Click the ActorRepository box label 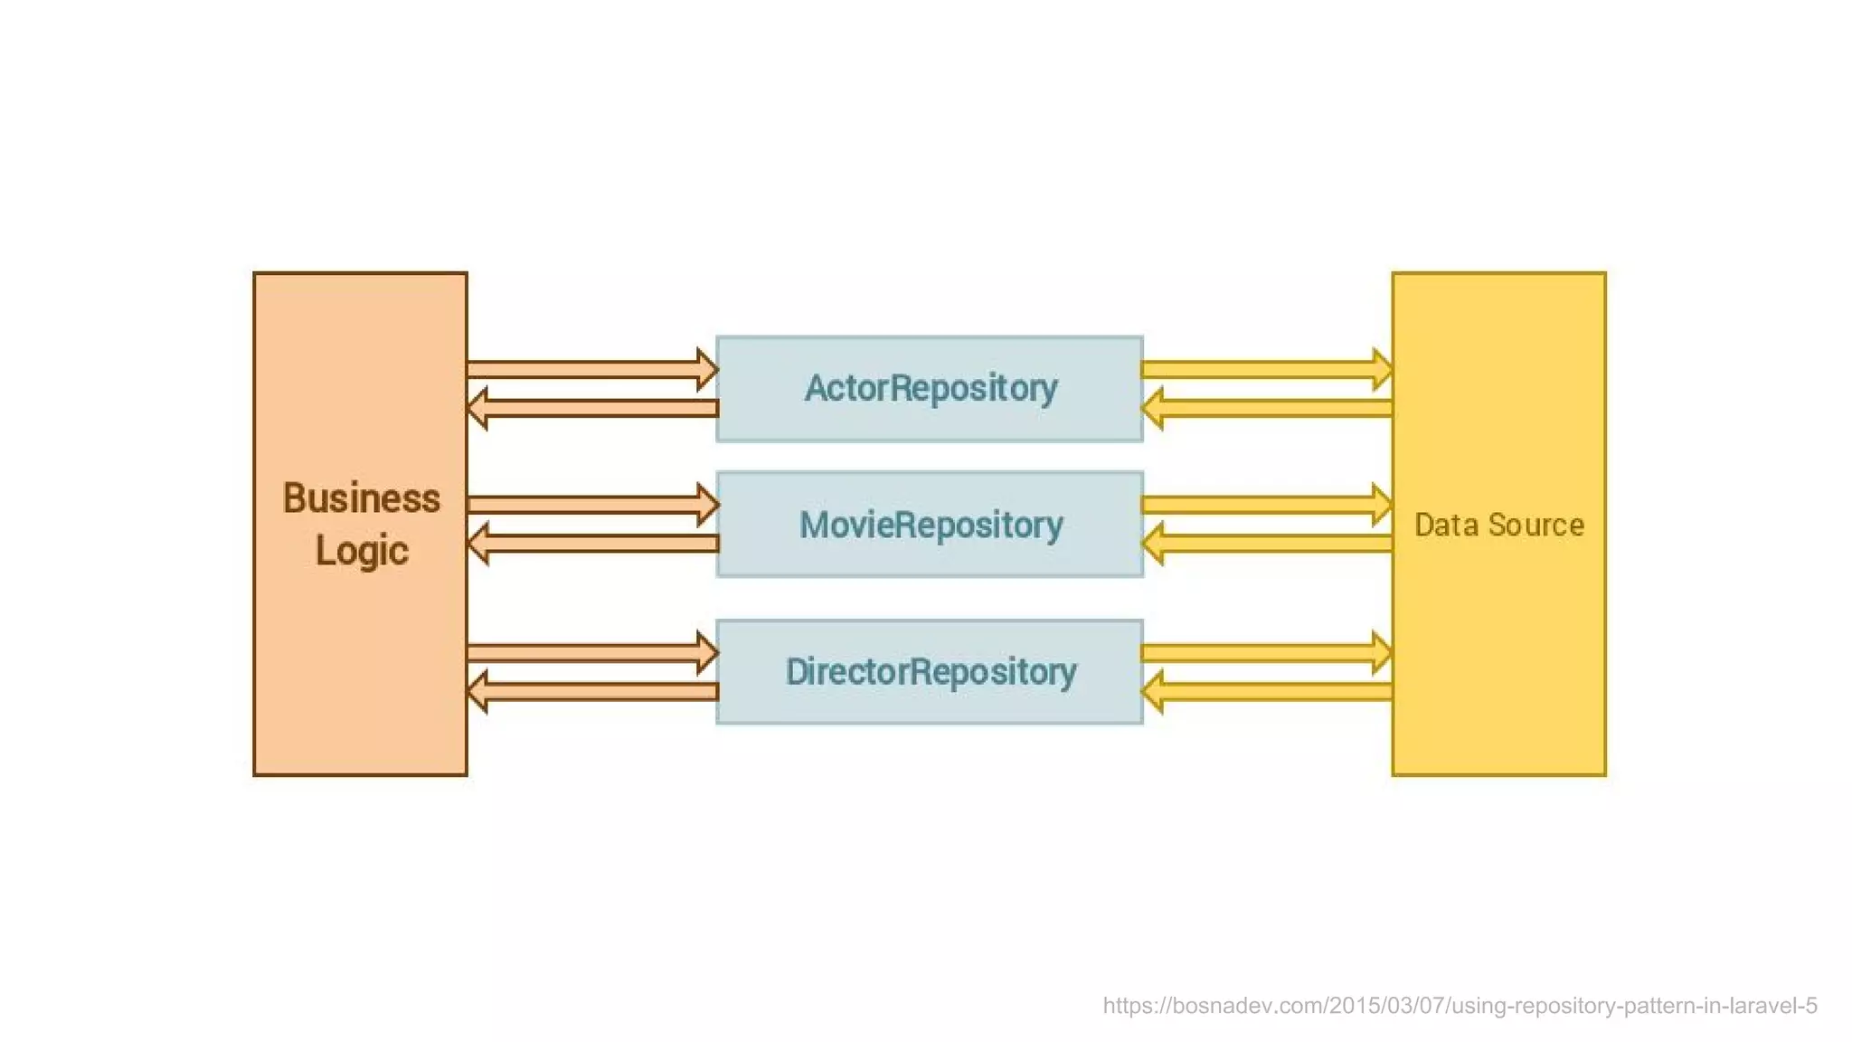coord(931,389)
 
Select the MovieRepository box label coord(931,526)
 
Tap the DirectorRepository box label coord(931,672)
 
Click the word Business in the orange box coord(361,498)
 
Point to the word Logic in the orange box coord(361,551)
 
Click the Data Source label coord(1498,526)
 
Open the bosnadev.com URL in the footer coord(1460,1006)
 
